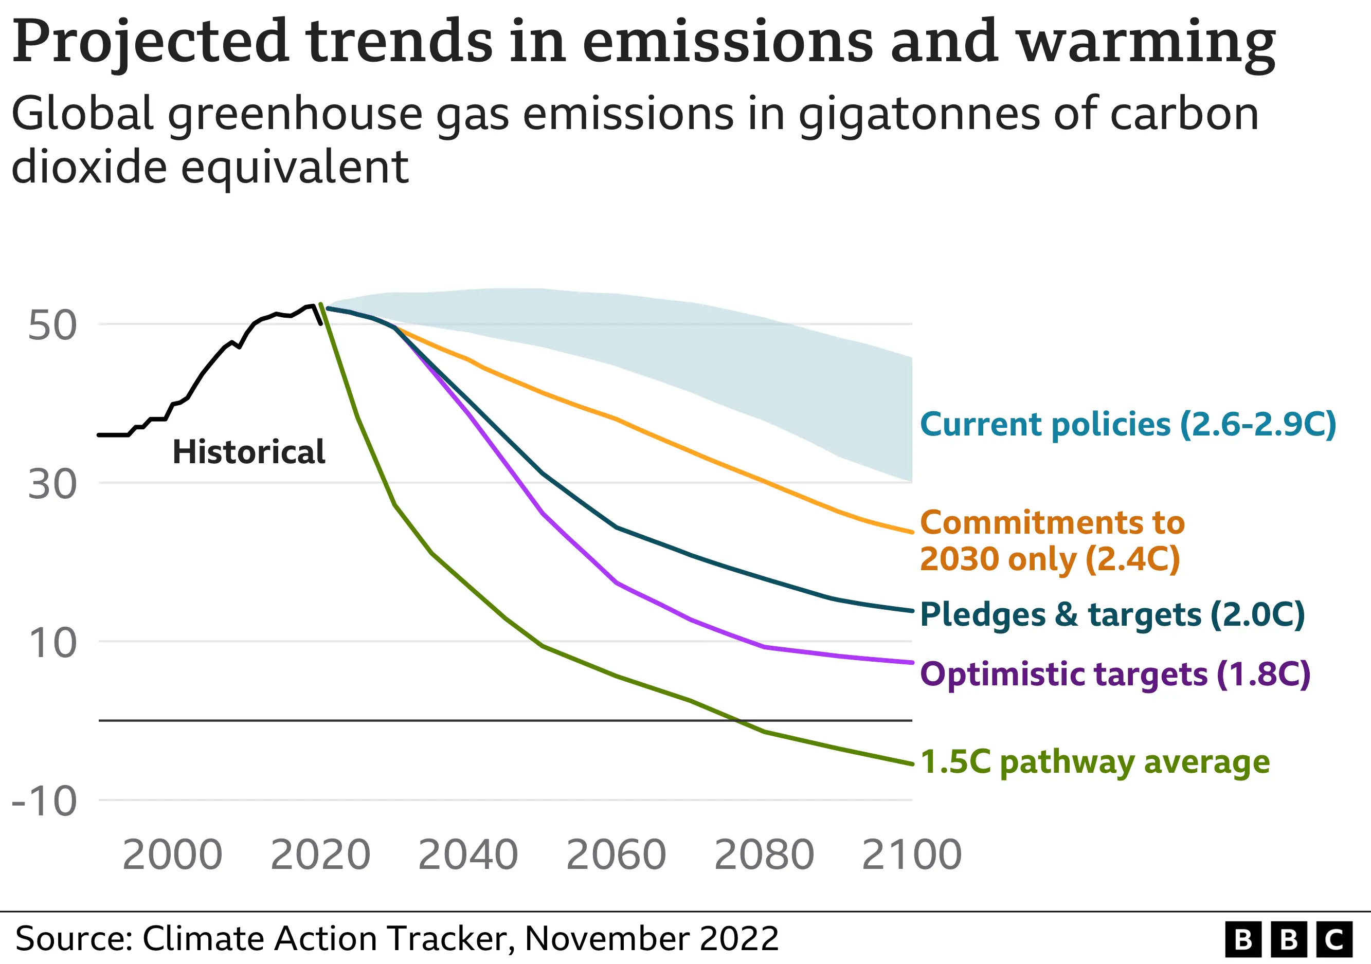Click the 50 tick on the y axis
tap(52, 325)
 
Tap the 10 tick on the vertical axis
tap(52, 643)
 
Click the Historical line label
tap(248, 451)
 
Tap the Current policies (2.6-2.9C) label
tap(1127, 424)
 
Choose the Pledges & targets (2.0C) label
tap(1112, 615)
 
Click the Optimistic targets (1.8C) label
tap(1115, 674)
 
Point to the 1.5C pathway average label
tap(1094, 762)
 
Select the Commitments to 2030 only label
tap(1051, 540)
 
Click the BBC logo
tap(1288, 939)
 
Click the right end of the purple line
tap(912, 663)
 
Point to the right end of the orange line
tap(912, 532)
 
